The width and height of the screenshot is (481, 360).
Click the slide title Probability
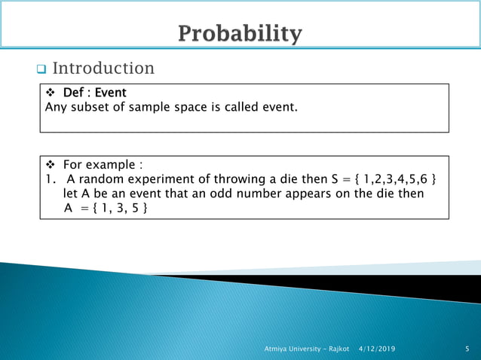coord(240,34)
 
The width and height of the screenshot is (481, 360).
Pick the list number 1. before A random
coord(51,179)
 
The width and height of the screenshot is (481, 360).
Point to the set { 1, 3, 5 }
coord(119,208)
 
